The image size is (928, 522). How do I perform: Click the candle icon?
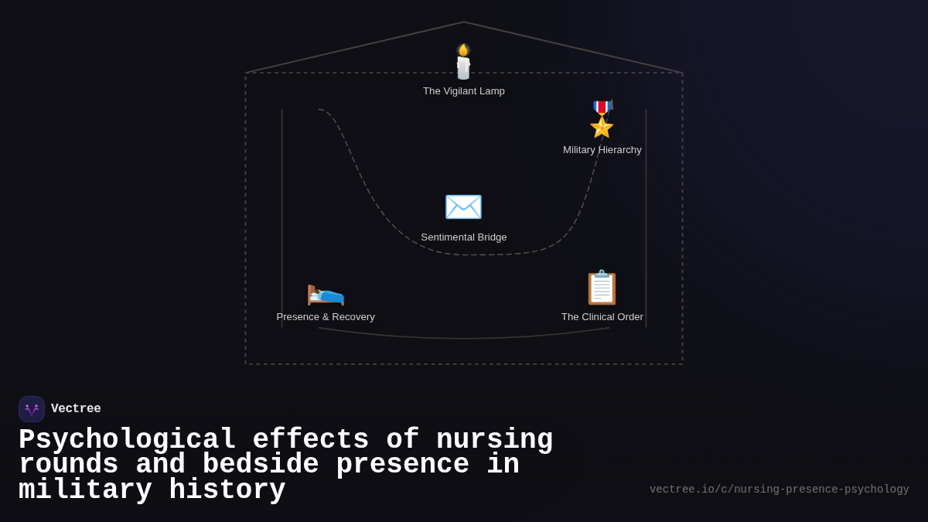(x=463, y=63)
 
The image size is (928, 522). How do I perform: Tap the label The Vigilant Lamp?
(x=464, y=91)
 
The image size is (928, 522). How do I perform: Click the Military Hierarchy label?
(x=602, y=150)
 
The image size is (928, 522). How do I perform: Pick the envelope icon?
(x=463, y=206)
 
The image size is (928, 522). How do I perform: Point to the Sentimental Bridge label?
(x=464, y=237)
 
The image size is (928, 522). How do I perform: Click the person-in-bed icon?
(x=326, y=292)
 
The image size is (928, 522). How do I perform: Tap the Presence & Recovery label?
(x=326, y=317)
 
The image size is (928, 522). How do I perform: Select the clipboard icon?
(x=602, y=288)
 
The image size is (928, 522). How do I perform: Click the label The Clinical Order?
(x=602, y=317)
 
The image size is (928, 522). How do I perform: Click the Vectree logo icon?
(x=32, y=409)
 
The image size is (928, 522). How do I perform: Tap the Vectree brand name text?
(x=76, y=409)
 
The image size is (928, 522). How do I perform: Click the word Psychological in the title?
(x=128, y=440)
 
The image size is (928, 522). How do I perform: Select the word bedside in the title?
(x=261, y=465)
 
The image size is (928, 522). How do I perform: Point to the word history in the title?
(x=227, y=490)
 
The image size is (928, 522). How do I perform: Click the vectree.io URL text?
(x=779, y=490)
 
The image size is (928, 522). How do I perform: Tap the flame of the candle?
(x=463, y=50)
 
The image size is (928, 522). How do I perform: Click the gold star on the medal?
(x=602, y=126)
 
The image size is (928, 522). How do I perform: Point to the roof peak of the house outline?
(x=464, y=22)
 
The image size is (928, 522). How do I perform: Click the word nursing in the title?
(x=495, y=440)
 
